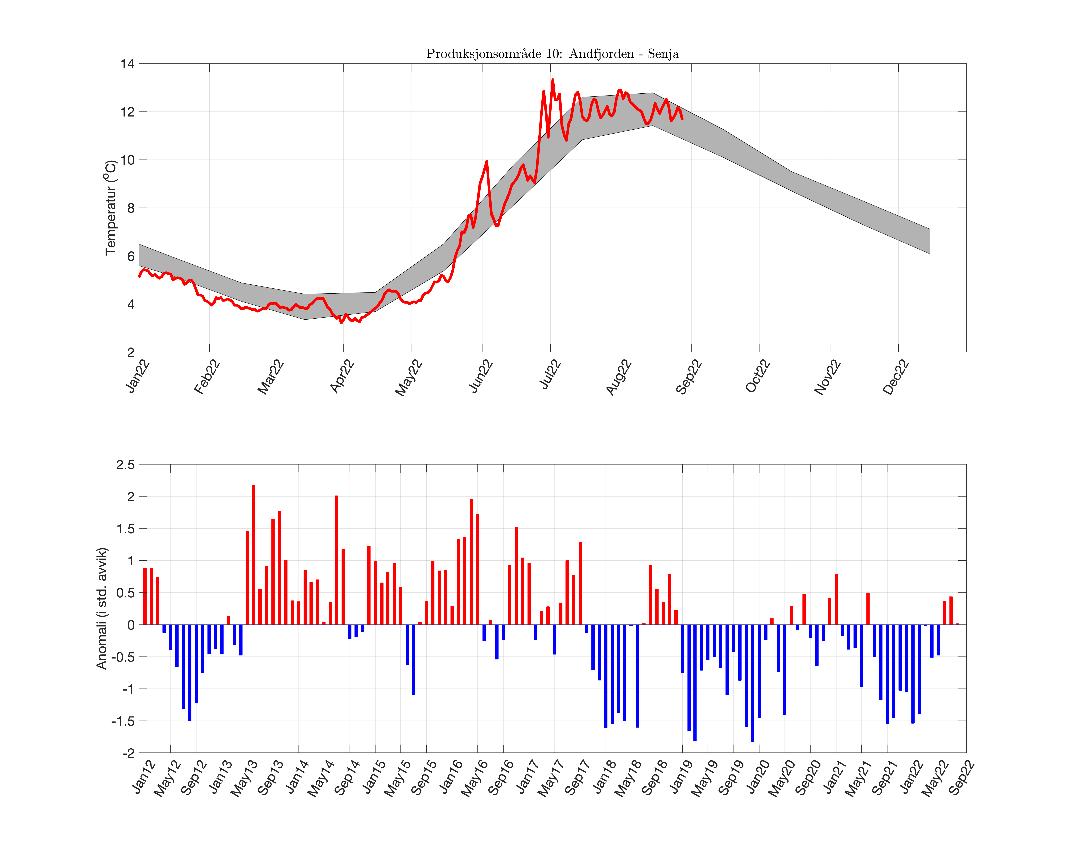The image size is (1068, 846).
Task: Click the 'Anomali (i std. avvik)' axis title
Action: pos(102,608)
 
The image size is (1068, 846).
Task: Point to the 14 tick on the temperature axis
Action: pos(127,64)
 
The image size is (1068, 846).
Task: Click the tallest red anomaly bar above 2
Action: pos(254,555)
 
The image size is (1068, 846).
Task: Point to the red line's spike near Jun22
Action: pos(487,162)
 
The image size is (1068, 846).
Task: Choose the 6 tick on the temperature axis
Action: pos(131,256)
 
